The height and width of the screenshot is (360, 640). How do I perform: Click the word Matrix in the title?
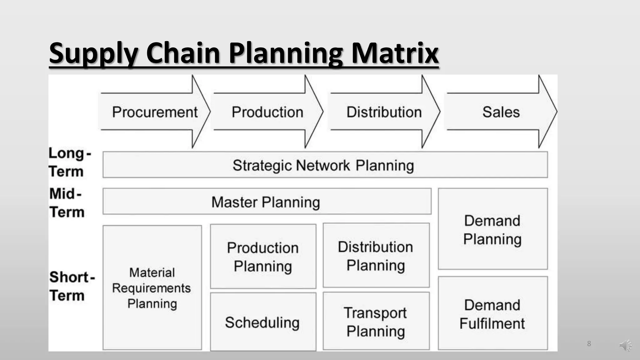point(395,53)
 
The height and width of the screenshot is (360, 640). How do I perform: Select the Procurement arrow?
point(155,112)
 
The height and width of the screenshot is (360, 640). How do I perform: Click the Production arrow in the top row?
point(267,112)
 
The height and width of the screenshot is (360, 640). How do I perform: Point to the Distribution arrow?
point(384,112)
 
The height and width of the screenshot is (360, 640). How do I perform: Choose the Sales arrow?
point(501,112)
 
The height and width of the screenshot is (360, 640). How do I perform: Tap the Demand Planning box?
point(492,229)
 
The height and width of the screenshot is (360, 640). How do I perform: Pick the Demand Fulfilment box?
point(492,313)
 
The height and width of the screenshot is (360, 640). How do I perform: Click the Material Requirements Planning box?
point(152,287)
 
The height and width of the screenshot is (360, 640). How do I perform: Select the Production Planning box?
point(263,257)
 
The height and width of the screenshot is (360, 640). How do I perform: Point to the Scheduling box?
point(263,322)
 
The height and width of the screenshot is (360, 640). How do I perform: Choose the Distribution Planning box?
point(376,256)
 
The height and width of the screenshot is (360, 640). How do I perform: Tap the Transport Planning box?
point(376,321)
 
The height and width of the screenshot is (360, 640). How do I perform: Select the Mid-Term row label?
point(67,202)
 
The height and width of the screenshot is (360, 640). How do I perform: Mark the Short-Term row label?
point(72,286)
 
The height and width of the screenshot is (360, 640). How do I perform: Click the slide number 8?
point(589,344)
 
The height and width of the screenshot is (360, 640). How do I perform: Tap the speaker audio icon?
point(625,345)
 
